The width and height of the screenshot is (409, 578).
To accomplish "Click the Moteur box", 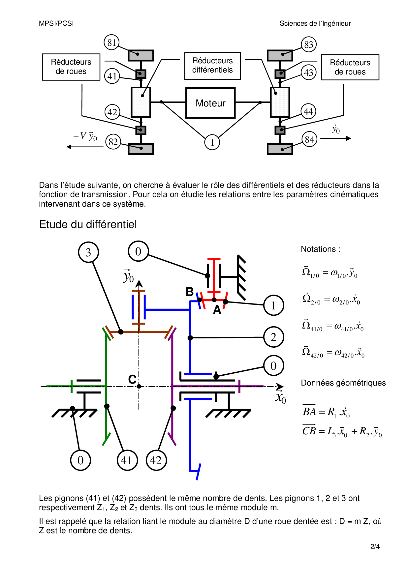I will click(x=210, y=103).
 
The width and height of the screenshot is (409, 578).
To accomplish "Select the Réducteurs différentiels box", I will click(x=212, y=66).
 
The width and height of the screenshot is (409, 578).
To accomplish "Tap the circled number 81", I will click(x=111, y=43).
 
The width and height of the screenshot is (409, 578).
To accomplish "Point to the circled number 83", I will click(x=308, y=44).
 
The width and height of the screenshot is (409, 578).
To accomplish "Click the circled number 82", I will click(x=113, y=142).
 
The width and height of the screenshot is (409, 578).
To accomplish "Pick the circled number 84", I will click(x=309, y=140).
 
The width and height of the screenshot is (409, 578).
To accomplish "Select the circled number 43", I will click(x=308, y=72).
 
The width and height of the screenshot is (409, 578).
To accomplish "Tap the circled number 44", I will click(x=308, y=112).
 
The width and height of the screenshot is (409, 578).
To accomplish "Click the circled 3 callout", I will click(x=88, y=252).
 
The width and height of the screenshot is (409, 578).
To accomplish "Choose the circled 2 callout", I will click(x=273, y=337).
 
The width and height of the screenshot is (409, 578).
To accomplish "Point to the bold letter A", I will click(x=217, y=310).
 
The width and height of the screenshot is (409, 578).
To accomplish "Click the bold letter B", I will click(x=190, y=292).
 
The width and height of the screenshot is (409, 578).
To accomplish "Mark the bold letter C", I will click(x=132, y=380).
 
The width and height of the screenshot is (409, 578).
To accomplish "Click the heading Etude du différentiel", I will click(x=88, y=224).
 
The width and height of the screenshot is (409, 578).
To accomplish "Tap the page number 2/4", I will click(x=375, y=547).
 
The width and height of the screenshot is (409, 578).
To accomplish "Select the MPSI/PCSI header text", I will click(x=56, y=23).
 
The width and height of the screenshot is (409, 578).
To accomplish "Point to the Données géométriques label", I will click(x=343, y=383).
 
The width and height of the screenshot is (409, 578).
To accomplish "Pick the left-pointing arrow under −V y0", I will click(x=85, y=147).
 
